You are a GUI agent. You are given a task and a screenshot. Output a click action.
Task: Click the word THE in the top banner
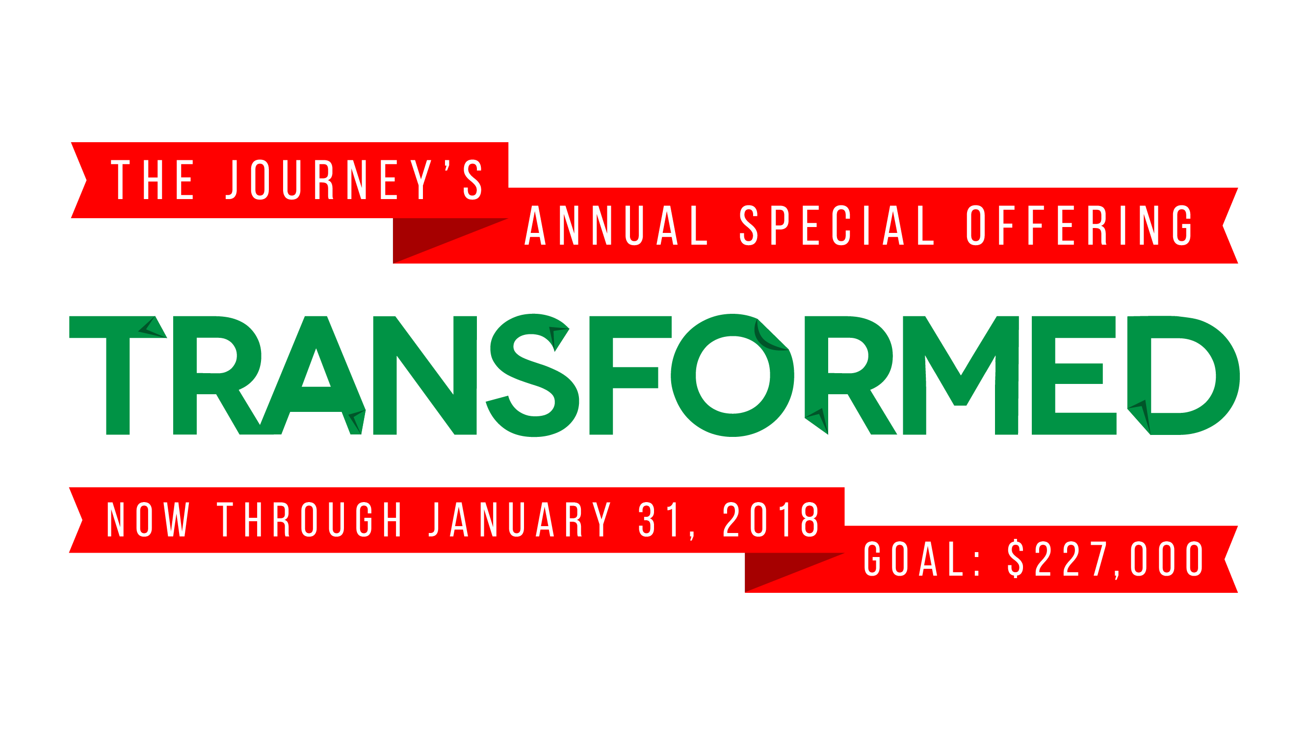[x=153, y=179]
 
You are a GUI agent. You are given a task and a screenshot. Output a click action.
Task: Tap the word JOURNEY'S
[x=354, y=179]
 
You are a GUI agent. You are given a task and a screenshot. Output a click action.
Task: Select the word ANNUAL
[x=616, y=225]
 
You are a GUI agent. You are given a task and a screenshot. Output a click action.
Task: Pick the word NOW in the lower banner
[x=148, y=519]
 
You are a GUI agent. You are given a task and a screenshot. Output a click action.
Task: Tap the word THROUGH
[x=310, y=519]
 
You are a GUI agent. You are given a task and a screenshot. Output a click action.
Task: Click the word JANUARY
[x=521, y=519]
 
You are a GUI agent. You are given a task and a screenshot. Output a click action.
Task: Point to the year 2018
[x=770, y=519]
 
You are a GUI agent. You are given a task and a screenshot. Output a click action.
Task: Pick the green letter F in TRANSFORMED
[x=630, y=376]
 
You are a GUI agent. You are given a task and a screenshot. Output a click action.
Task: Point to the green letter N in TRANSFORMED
[x=425, y=376]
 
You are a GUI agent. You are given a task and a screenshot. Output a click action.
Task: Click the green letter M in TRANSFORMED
[x=961, y=376]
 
